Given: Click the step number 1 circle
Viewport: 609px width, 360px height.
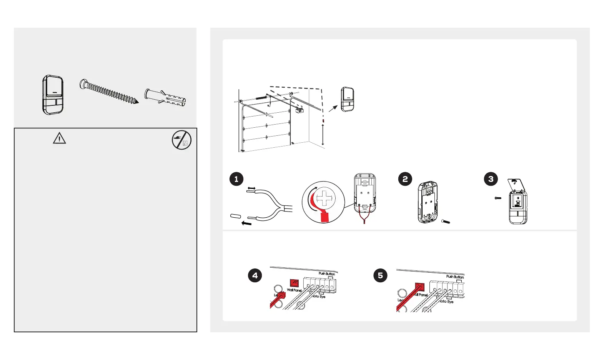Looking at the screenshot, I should (236, 179).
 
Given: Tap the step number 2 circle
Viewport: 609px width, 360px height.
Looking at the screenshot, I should (405, 179).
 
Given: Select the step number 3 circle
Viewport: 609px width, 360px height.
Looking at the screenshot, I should (491, 179).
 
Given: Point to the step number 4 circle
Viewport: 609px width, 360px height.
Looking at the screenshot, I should (255, 275).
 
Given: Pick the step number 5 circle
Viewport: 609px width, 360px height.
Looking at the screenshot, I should (380, 275).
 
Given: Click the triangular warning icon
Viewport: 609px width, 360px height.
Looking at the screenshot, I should (59, 138).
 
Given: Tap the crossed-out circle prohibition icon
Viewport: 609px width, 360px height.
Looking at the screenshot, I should (181, 140).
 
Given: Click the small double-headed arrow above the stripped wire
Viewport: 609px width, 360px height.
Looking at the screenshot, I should (251, 188).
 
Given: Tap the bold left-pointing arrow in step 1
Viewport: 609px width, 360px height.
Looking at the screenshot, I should (246, 223).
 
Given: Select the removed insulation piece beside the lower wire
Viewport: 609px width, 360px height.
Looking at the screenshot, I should (236, 216).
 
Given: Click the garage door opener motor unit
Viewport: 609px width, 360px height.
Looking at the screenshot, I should (300, 110).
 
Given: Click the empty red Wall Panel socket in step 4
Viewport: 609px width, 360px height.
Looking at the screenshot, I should (294, 283).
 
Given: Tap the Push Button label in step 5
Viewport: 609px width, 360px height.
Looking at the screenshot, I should (455, 277).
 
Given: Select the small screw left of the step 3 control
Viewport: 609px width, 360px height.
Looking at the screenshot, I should (498, 198).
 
